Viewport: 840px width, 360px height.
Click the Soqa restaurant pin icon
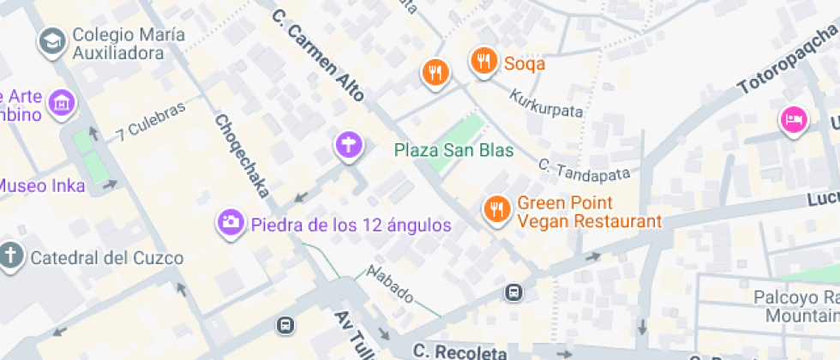(x=484, y=61)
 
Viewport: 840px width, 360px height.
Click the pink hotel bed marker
(x=793, y=119)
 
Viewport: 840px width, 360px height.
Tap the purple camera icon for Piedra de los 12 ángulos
(x=229, y=223)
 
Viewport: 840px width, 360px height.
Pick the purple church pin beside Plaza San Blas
(x=348, y=145)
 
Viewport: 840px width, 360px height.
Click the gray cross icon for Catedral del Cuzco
(x=11, y=256)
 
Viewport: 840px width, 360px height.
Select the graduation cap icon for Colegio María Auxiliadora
(x=52, y=40)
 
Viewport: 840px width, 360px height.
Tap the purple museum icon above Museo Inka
(x=61, y=104)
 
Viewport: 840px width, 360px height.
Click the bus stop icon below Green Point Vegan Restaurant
(x=513, y=292)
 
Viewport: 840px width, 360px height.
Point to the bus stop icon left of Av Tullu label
(x=285, y=326)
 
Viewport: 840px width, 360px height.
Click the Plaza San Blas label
(x=454, y=150)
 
